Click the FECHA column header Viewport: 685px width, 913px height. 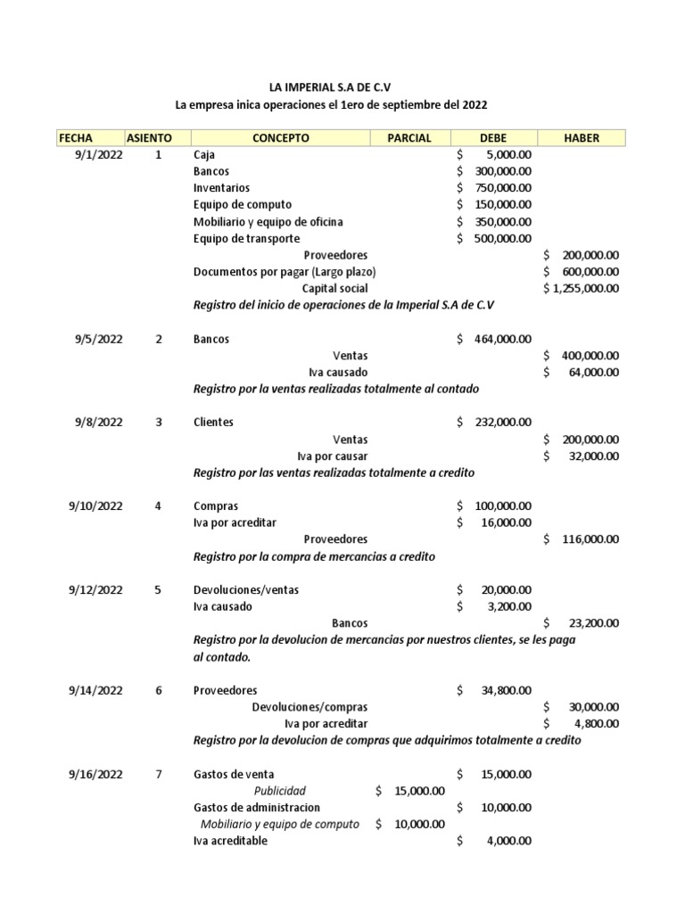coord(75,138)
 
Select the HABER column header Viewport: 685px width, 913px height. coord(582,138)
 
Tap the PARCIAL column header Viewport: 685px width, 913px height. coord(409,138)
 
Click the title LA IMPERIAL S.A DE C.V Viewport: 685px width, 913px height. coord(331,87)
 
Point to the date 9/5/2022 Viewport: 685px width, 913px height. coord(98,339)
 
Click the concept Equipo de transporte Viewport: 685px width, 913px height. coord(246,239)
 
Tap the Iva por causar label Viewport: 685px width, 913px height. coord(332,456)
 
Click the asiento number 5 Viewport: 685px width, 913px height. coord(159,590)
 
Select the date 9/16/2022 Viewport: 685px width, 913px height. coord(95,774)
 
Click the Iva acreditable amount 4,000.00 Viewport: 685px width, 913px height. coord(505,841)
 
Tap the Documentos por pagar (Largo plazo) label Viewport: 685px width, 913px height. coord(285,272)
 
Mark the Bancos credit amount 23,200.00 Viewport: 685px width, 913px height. coord(586,623)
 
